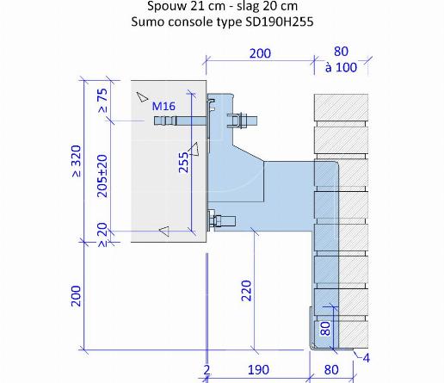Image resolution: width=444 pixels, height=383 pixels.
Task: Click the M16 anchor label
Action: pyautogui.click(x=163, y=107)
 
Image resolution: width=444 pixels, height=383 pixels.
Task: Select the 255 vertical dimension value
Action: pyautogui.click(x=183, y=163)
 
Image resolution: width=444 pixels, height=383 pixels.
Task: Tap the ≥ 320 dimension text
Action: pyautogui.click(x=77, y=161)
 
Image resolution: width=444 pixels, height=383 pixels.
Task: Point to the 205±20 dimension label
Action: pyautogui.click(x=102, y=176)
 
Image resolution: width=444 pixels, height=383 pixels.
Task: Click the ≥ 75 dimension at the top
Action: pyautogui.click(x=102, y=100)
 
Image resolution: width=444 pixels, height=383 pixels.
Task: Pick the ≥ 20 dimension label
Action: pyautogui.click(x=102, y=234)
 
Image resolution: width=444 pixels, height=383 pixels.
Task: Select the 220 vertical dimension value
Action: pyautogui.click(x=246, y=291)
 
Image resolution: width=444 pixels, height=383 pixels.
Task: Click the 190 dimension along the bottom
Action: pyautogui.click(x=258, y=370)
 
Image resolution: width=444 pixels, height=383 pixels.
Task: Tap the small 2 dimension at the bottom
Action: pyautogui.click(x=207, y=370)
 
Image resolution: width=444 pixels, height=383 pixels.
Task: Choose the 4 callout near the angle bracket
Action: pyautogui.click(x=367, y=358)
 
